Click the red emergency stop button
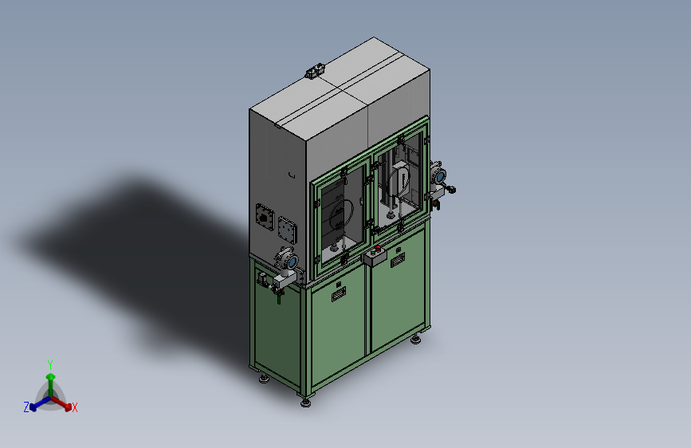pyautogui.click(x=378, y=248)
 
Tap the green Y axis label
pyautogui.click(x=50, y=364)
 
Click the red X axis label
pyautogui.click(x=74, y=407)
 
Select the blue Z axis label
pyautogui.click(x=26, y=407)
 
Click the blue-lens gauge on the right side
pyautogui.click(x=440, y=177)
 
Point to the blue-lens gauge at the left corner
pyautogui.click(x=292, y=262)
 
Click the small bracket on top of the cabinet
pyautogui.click(x=315, y=71)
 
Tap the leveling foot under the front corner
pyautogui.click(x=305, y=402)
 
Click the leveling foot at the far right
pyautogui.click(x=415, y=340)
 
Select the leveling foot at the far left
pyautogui.click(x=264, y=379)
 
